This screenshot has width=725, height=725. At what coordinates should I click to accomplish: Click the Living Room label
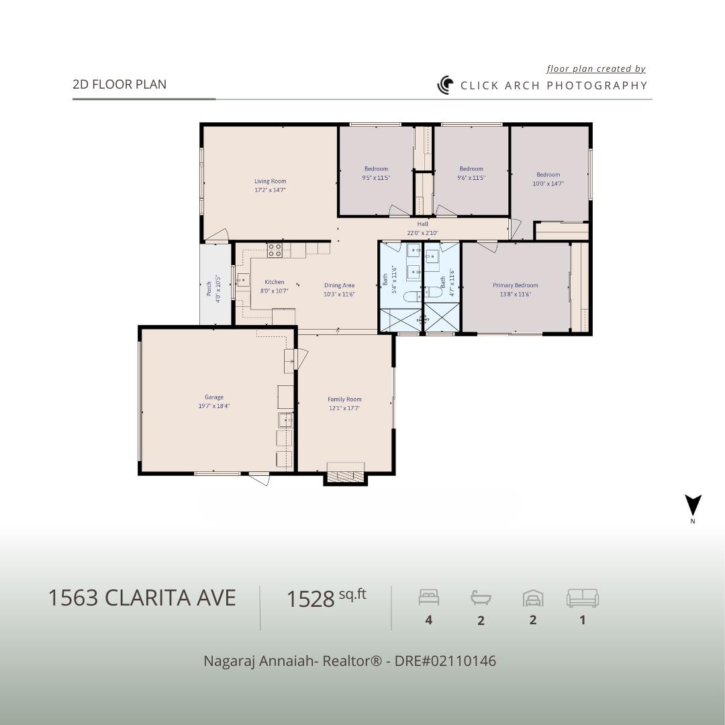coord(270,181)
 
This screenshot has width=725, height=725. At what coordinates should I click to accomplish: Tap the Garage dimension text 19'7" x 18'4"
coord(214,406)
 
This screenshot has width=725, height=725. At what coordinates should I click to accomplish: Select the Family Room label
coord(344,399)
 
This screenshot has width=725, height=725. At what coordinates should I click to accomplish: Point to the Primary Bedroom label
coord(516,285)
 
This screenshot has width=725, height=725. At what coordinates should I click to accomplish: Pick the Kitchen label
coord(274,282)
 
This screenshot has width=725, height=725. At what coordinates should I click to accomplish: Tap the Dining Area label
coord(339,285)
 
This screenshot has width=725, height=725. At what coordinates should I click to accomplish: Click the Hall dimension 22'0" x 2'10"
coord(422,233)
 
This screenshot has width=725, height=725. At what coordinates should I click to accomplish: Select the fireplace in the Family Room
coord(346,475)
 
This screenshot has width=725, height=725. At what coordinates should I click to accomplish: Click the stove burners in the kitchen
coord(275,250)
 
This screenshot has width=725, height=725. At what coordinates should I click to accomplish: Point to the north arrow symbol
coord(693,505)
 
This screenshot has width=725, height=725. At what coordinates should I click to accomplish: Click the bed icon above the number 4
coord(428,597)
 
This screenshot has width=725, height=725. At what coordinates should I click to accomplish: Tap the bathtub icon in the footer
coord(481,597)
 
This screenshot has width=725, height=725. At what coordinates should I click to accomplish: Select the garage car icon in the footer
coord(533,597)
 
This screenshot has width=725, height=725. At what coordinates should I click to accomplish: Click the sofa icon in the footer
coord(582,597)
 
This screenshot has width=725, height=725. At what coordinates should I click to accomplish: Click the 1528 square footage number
coord(310,598)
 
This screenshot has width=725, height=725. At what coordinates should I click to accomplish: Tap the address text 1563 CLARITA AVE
coord(142,597)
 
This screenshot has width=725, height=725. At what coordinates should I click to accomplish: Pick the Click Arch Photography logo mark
coord(446,85)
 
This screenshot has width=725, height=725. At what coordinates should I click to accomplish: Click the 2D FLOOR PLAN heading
coord(119,85)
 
